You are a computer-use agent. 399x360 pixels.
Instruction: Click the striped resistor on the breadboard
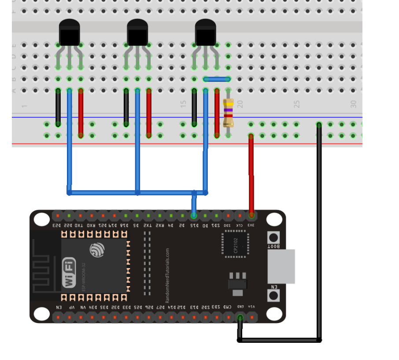[x=228, y=113]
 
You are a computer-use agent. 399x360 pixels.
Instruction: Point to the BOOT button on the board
[x=273, y=238]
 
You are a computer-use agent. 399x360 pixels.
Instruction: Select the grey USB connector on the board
[x=281, y=266]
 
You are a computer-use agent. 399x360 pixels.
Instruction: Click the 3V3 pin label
[x=251, y=225]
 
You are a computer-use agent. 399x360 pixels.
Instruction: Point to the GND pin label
[x=240, y=307]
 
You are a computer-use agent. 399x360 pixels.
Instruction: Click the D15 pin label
[x=194, y=225]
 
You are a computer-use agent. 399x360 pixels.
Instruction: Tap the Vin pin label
[x=251, y=307]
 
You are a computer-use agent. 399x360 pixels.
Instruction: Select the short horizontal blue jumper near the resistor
[x=217, y=79]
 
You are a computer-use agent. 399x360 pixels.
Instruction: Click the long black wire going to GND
[x=319, y=233]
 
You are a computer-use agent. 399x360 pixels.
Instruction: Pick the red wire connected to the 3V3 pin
[x=251, y=176]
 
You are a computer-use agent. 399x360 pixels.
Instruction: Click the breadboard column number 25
[x=297, y=104]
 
